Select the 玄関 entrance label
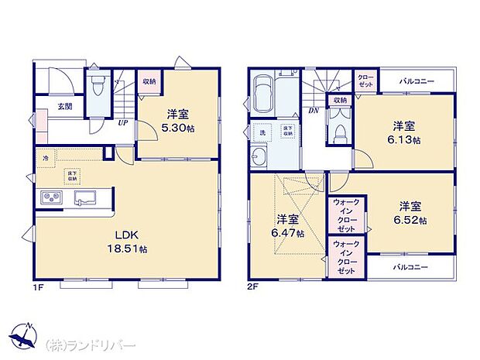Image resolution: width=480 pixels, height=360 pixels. pyautogui.click(x=64, y=107)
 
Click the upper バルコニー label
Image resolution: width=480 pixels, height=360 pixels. pyautogui.click(x=417, y=82)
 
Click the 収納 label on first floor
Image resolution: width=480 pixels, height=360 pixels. pyautogui.click(x=149, y=81)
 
